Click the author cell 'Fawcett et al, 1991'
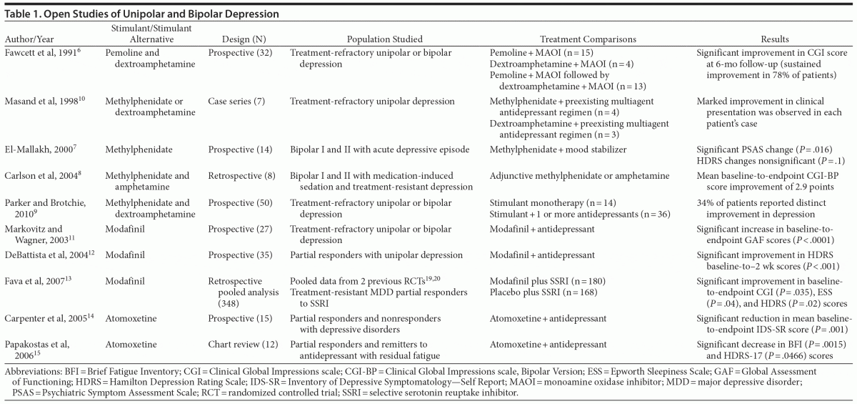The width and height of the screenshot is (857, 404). (44, 53)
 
